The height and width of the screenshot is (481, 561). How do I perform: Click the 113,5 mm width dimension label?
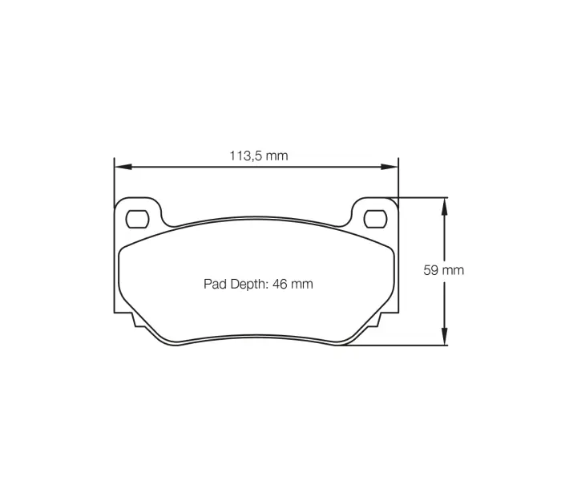pos(258,156)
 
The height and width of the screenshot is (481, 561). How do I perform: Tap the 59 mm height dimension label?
pos(443,270)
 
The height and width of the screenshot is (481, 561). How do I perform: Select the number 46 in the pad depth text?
pos(279,284)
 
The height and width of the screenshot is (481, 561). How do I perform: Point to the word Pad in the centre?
pos(215,284)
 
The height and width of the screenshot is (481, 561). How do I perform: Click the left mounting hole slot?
pos(138,217)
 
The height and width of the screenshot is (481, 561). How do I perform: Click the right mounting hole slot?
pos(374,217)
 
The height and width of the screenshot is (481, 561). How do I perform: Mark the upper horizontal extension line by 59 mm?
pos(421,196)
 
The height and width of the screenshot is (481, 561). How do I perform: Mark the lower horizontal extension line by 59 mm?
pos(401,346)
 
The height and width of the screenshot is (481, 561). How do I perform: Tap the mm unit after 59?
pos(454,270)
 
